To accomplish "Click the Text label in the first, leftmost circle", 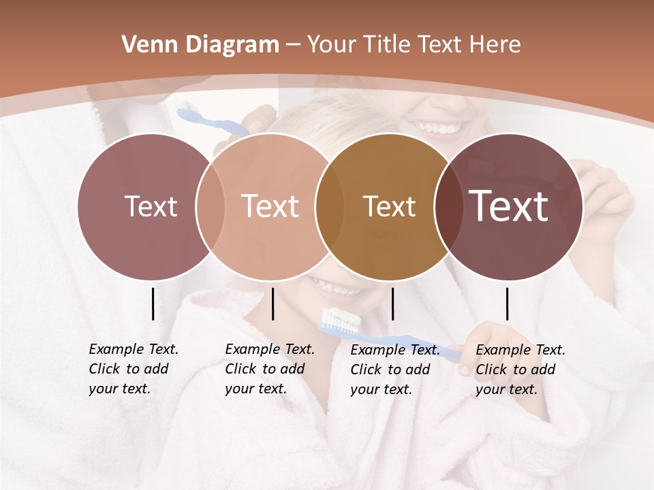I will point(151,206).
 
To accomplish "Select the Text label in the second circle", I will point(270,206).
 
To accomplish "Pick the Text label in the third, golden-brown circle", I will point(389,206).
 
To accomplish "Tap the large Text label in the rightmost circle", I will point(509,206).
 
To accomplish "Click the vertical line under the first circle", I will point(153,304).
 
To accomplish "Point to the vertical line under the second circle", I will point(272,304).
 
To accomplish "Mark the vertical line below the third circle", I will point(392,304).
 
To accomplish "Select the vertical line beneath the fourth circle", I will point(507,304).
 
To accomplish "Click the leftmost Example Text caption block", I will point(134,369).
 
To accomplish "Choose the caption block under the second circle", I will point(270,369).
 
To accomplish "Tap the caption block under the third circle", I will point(395,370).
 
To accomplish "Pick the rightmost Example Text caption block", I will point(520,370).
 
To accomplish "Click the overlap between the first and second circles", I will point(211,206).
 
